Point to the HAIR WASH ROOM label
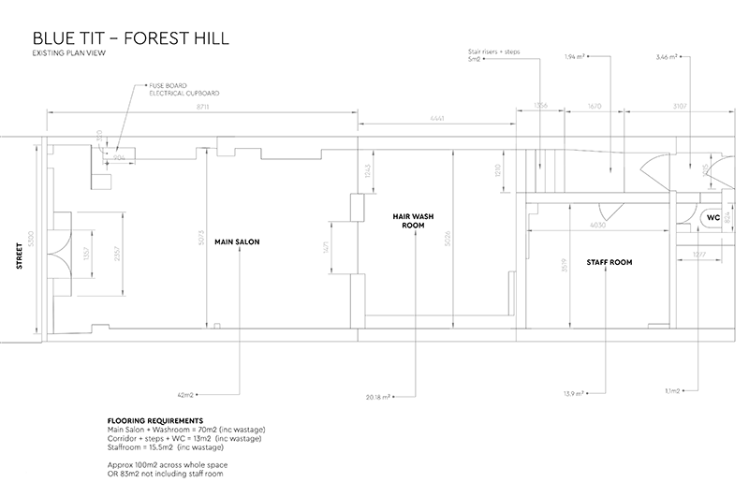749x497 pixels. point(409,221)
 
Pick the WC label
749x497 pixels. point(712,217)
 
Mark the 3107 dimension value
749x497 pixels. point(680,106)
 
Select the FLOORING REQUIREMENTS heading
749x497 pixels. point(156,421)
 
